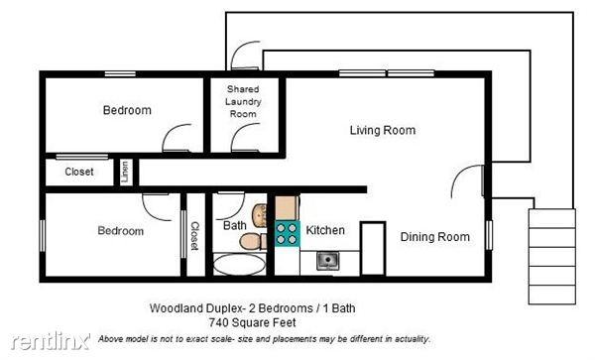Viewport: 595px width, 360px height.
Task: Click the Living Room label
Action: (x=382, y=130)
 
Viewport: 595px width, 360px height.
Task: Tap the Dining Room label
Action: (x=434, y=237)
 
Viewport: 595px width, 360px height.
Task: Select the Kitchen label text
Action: (x=325, y=231)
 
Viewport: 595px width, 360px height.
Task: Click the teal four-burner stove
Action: (x=287, y=234)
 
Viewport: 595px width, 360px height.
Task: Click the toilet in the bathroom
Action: (x=252, y=242)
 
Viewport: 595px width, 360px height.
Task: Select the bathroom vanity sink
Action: (x=261, y=214)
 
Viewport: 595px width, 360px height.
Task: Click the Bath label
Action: (x=234, y=226)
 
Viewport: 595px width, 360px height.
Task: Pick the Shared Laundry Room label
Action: (x=243, y=101)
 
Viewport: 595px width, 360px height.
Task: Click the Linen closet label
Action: (x=126, y=171)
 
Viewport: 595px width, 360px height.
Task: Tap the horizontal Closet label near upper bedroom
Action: (x=79, y=172)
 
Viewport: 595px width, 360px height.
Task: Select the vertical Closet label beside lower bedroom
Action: (x=195, y=239)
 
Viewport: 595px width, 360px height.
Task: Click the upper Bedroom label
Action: (x=127, y=110)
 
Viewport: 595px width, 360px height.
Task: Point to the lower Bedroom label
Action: (x=120, y=231)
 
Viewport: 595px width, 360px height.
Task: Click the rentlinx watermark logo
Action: (x=46, y=342)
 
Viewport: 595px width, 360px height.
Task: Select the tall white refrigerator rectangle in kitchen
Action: (x=372, y=248)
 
